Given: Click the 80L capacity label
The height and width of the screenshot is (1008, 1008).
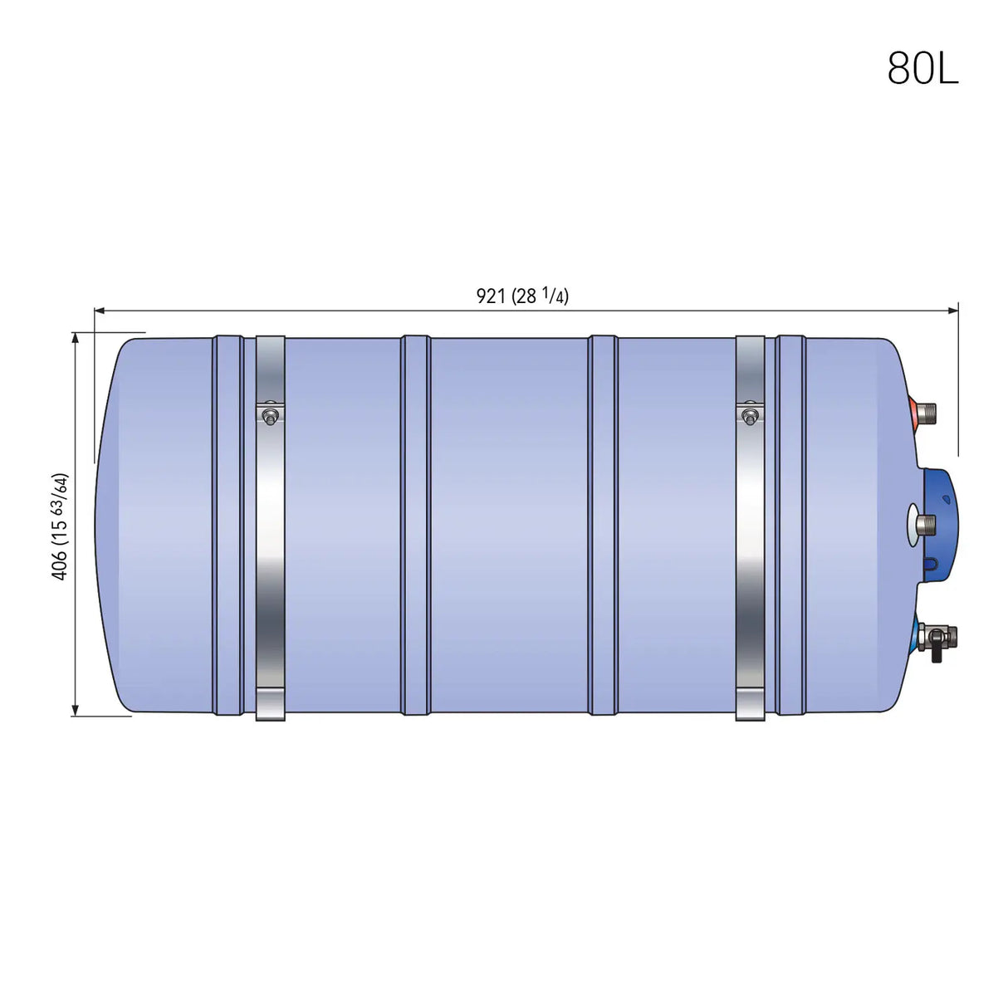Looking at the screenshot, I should click(922, 68).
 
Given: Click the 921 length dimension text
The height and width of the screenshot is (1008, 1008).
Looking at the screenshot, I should click(522, 296).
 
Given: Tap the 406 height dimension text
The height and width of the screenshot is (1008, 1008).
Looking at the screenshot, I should click(60, 526).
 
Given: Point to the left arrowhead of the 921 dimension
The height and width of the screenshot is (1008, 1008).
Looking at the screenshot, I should click(99, 311).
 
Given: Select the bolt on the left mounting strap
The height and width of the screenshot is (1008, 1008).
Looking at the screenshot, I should click(270, 417).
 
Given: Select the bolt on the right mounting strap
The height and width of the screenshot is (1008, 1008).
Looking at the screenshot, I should click(750, 417).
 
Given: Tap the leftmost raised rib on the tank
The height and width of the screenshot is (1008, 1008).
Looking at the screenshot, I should click(228, 525).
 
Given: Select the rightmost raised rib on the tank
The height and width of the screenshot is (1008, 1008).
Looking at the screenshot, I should click(790, 525).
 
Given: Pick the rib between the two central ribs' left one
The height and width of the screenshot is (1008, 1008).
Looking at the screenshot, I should click(415, 525).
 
